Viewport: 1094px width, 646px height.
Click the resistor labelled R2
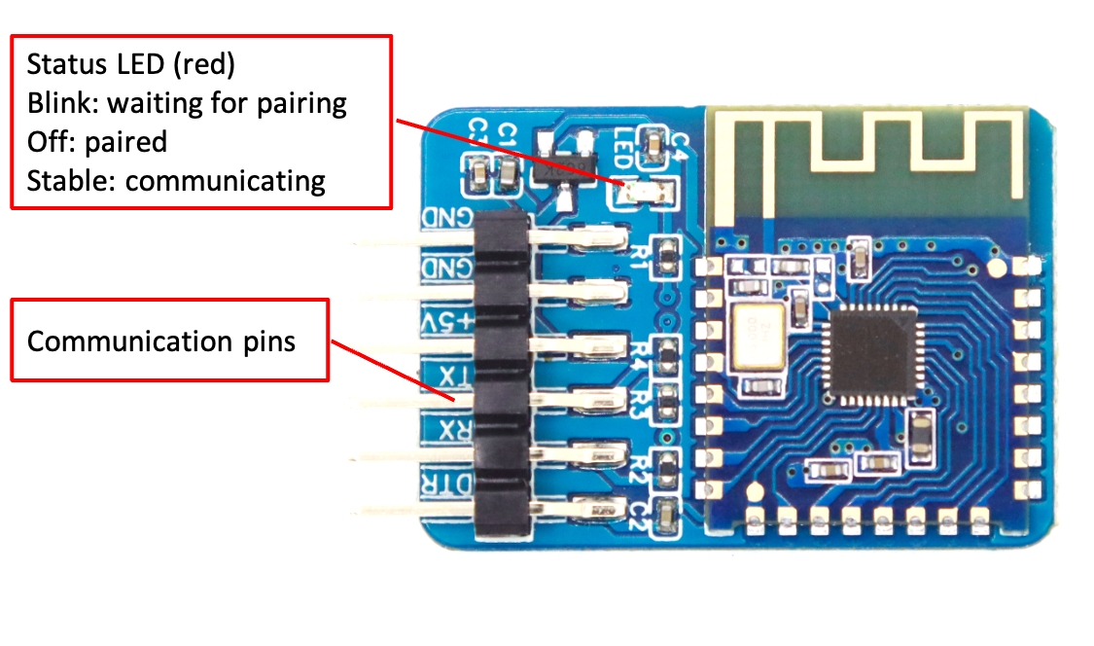pos(666,471)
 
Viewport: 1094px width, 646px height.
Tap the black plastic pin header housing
pos(503,375)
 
